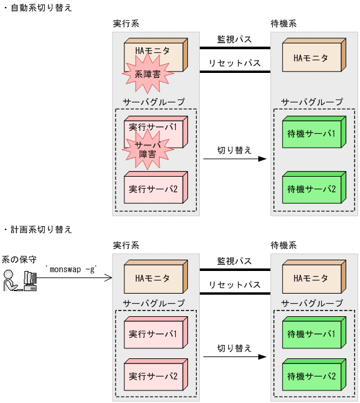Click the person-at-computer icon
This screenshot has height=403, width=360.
(19, 280)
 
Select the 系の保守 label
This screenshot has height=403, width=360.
(19, 258)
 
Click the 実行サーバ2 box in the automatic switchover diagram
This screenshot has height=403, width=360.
(153, 189)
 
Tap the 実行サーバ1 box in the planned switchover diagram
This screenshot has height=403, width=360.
(153, 334)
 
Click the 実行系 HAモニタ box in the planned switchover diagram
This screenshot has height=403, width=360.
(153, 277)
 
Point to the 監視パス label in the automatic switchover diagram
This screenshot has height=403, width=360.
(234, 40)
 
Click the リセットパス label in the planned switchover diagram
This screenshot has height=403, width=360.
(234, 285)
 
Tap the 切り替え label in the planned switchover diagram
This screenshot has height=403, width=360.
(234, 347)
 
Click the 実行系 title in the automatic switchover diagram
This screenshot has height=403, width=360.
(126, 23)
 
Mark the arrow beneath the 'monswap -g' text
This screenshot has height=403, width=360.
(75, 277)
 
